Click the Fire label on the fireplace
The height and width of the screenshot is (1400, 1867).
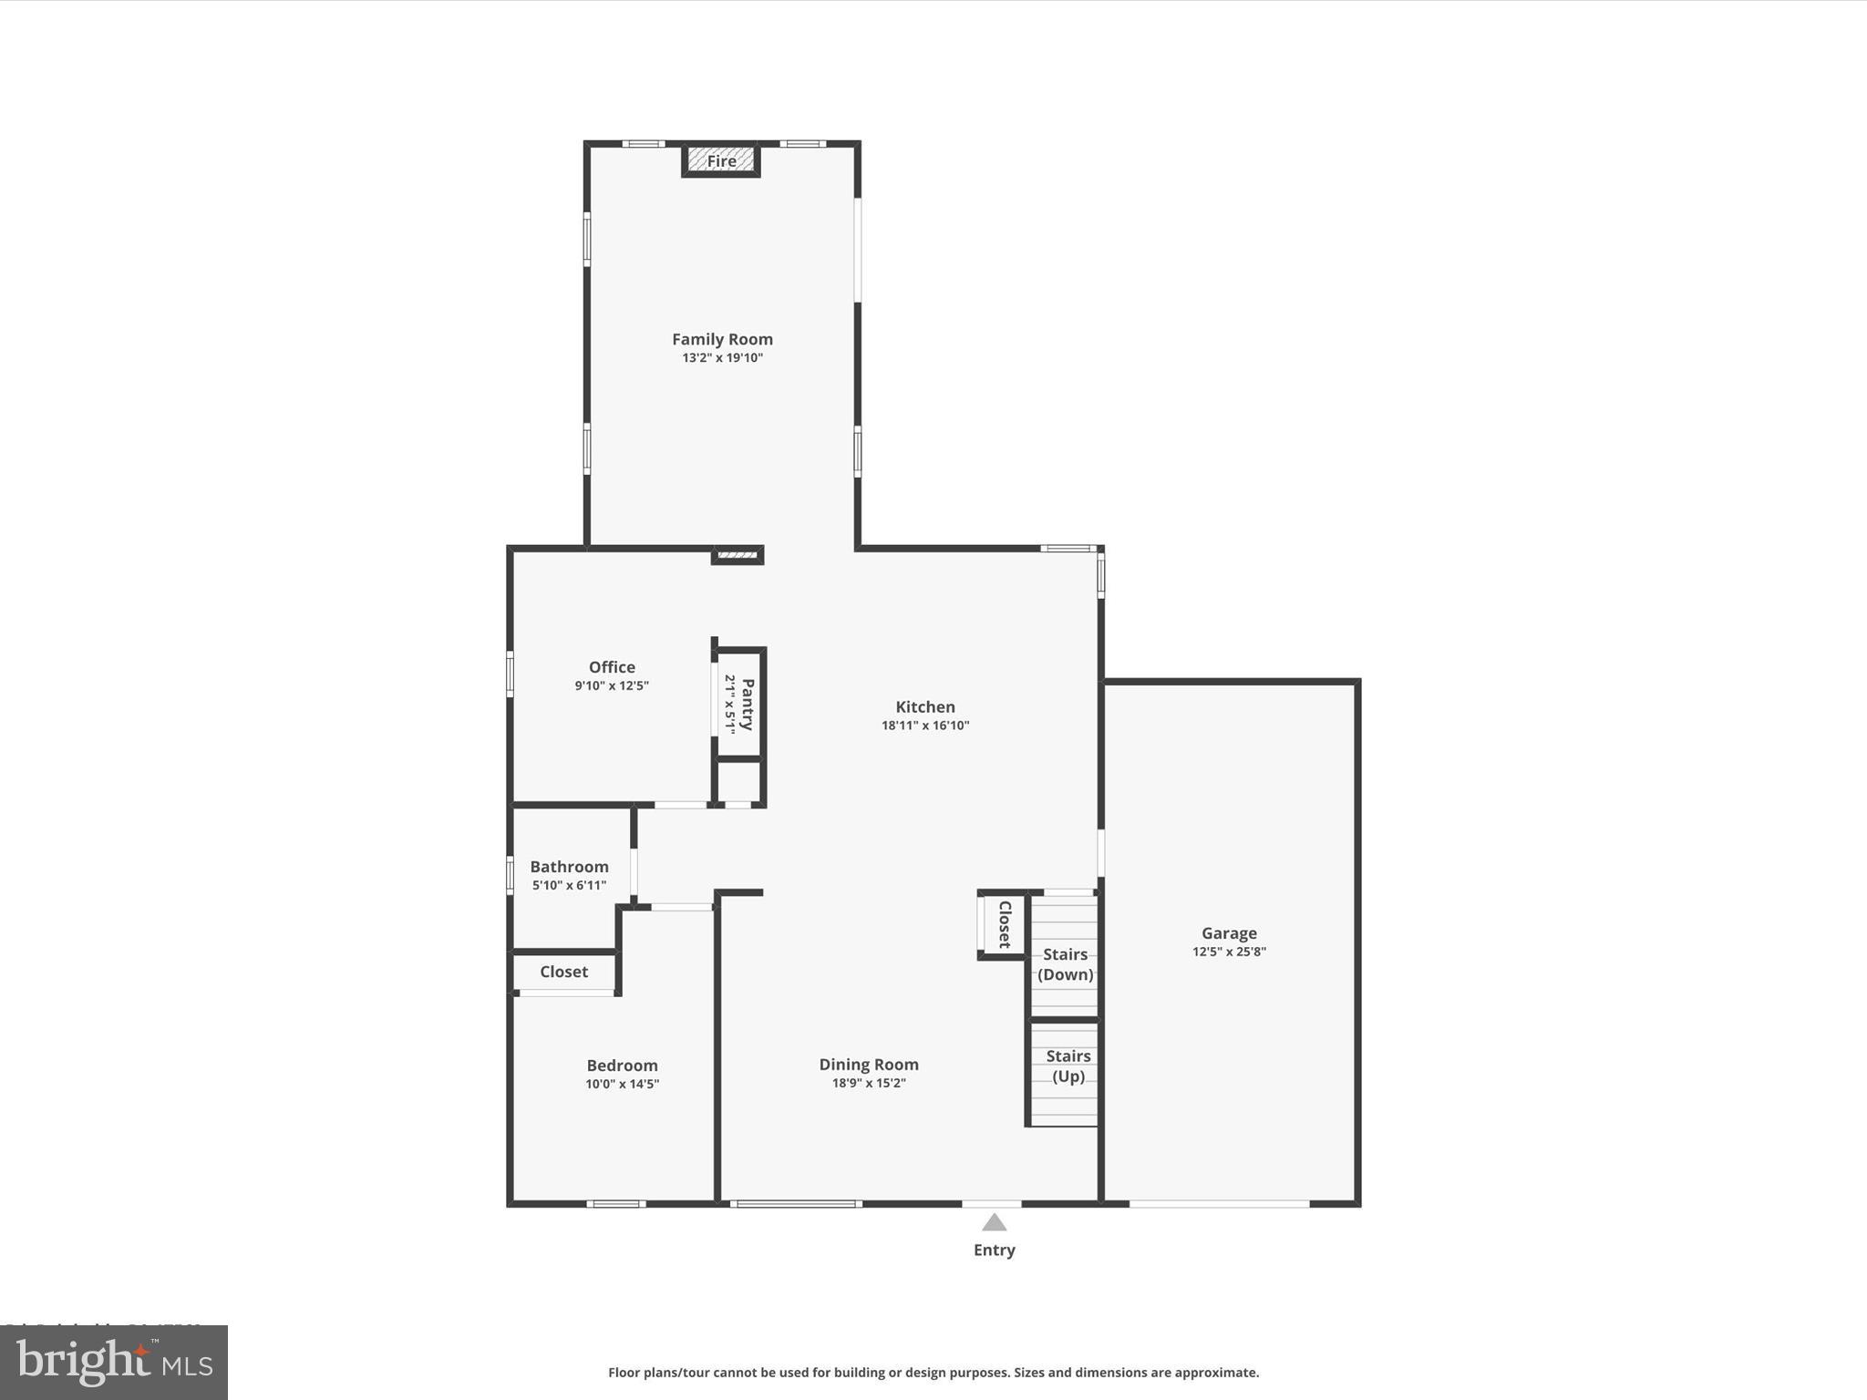[721, 161]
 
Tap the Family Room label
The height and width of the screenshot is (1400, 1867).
[722, 339]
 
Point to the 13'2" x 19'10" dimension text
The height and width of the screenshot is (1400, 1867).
[722, 358]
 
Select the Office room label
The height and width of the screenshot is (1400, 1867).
[612, 667]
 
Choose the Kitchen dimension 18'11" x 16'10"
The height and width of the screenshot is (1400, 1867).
[924, 726]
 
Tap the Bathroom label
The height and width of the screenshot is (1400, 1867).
[569, 867]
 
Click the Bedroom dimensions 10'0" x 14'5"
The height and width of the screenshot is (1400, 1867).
[622, 1085]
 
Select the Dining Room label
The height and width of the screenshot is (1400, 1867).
[868, 1065]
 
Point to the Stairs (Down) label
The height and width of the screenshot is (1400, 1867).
[1065, 964]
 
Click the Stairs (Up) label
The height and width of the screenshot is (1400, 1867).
[1068, 1066]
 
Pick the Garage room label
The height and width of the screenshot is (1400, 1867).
[1228, 933]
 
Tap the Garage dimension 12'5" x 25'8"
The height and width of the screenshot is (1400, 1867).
[1228, 952]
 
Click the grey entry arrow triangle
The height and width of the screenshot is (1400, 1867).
[994, 1223]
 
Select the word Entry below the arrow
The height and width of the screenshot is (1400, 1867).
[994, 1251]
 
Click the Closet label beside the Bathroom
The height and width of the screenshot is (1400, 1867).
[563, 972]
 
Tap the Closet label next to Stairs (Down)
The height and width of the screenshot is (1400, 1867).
[1005, 924]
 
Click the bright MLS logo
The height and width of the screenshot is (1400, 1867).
[114, 1363]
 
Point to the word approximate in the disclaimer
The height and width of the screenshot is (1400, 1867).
[1214, 1373]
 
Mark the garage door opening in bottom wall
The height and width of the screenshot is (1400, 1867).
[1219, 1204]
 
